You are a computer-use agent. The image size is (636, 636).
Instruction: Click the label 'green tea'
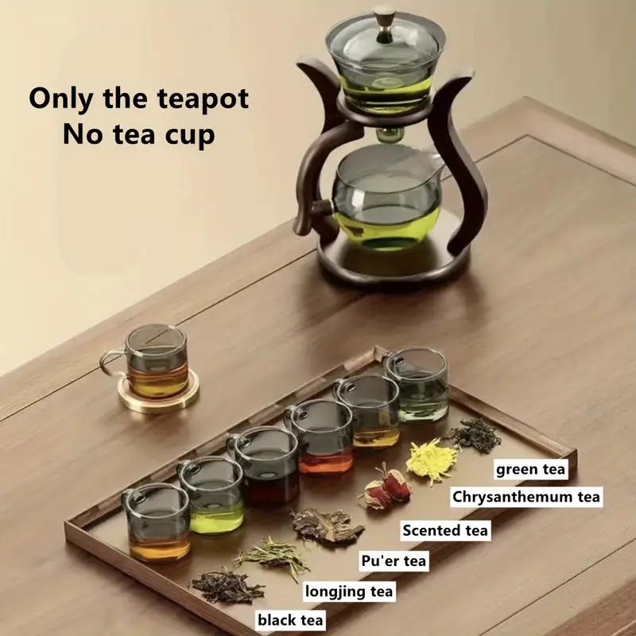click(531, 469)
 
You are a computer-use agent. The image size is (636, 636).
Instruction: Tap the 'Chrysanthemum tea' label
click(526, 498)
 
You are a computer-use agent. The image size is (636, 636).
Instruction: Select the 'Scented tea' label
click(445, 529)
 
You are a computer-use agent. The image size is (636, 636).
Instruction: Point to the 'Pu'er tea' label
click(394, 561)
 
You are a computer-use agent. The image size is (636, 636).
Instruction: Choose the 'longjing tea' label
click(349, 591)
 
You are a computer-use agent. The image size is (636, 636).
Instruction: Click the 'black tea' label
click(289, 619)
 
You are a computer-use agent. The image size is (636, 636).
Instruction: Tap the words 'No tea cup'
click(138, 134)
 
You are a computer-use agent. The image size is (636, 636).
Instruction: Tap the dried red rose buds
click(386, 487)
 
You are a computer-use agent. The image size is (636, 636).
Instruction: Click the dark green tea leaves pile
click(475, 435)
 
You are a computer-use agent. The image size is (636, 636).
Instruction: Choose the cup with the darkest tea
click(266, 467)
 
